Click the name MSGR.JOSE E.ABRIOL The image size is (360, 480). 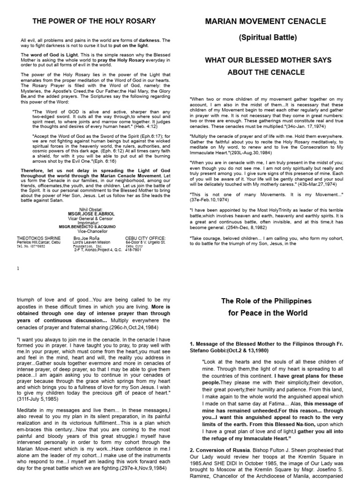coord(91,213)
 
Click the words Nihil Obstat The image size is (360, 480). coord(91,209)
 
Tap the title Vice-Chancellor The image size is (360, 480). coord(91,230)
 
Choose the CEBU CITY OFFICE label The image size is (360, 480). coord(145,238)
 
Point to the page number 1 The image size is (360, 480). coord(18,268)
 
